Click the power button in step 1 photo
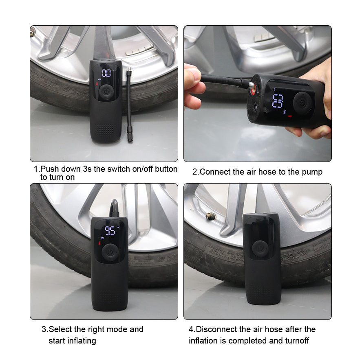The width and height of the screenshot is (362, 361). (x=106, y=92)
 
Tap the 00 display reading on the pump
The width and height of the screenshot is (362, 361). (x=106, y=73)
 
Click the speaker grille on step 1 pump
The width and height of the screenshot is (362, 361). (x=106, y=130)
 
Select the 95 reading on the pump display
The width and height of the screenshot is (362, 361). (x=110, y=231)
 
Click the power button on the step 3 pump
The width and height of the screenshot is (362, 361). (x=109, y=252)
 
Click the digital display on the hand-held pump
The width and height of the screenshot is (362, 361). (x=278, y=101)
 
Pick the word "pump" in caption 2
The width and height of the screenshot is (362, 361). (x=312, y=172)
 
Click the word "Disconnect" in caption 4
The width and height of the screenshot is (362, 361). (x=216, y=329)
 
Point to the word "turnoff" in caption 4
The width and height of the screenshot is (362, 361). (x=296, y=341)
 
